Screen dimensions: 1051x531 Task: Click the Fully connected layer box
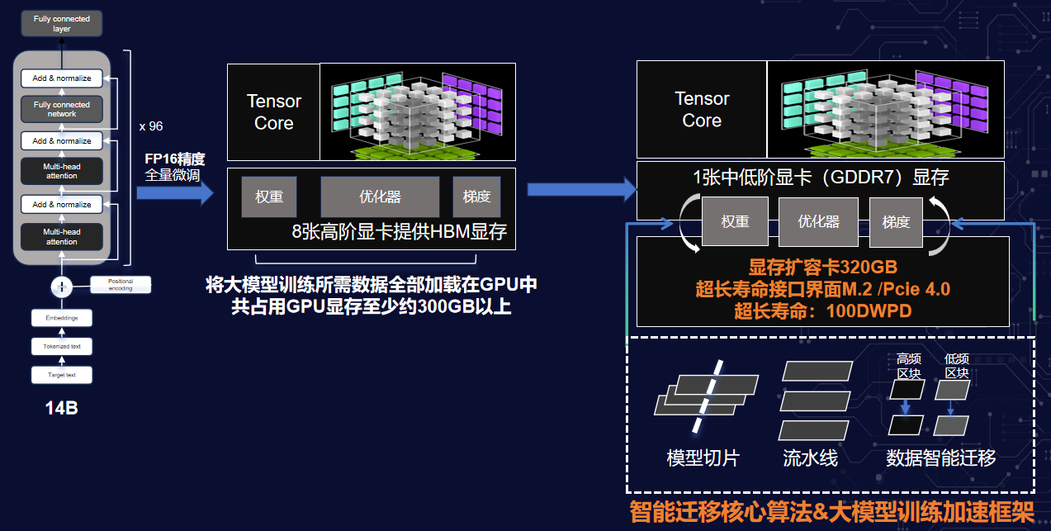pyautogui.click(x=61, y=23)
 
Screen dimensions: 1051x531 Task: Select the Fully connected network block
pyautogui.click(x=61, y=109)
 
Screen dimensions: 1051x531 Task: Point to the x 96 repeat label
pyautogui.click(x=150, y=126)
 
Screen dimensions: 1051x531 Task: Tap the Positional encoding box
pyautogui.click(x=121, y=285)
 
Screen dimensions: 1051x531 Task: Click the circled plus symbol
pyautogui.click(x=61, y=287)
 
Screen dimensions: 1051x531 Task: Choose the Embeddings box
pyautogui.click(x=61, y=318)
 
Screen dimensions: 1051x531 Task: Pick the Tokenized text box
pyautogui.click(x=61, y=347)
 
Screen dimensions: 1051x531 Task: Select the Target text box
pyautogui.click(x=61, y=375)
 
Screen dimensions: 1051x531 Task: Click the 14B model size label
pyautogui.click(x=61, y=408)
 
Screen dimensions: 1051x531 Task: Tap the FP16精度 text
pyautogui.click(x=174, y=159)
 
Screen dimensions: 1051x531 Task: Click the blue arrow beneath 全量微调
pyautogui.click(x=174, y=193)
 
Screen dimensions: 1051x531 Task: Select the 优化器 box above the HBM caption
pyautogui.click(x=380, y=197)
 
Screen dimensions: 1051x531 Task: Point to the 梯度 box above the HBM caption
pyautogui.click(x=476, y=197)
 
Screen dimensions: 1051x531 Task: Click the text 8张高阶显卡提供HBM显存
pyautogui.click(x=400, y=231)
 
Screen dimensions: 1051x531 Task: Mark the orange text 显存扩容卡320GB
pyautogui.click(x=823, y=267)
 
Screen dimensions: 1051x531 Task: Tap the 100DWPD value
pyautogui.click(x=869, y=311)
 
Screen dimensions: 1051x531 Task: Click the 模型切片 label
pyautogui.click(x=703, y=458)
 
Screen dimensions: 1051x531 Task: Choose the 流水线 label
pyautogui.click(x=810, y=458)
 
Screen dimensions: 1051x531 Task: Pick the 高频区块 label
pyautogui.click(x=909, y=366)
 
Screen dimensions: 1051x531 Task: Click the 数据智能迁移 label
pyautogui.click(x=940, y=458)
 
